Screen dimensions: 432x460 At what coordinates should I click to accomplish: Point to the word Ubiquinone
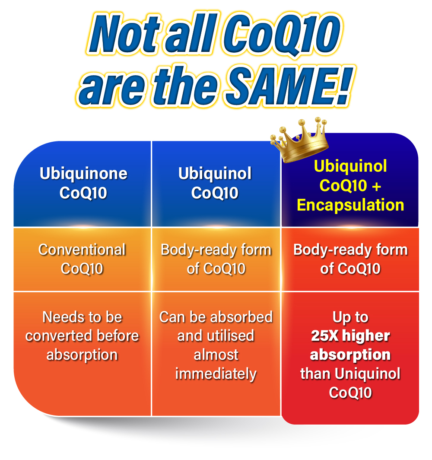(83, 173)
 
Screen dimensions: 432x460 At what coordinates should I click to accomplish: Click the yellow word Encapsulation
(350, 205)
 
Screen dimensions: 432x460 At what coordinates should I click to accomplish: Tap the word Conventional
(82, 250)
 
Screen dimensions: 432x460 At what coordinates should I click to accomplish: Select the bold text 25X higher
(350, 335)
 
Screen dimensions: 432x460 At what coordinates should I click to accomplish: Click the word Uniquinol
(368, 374)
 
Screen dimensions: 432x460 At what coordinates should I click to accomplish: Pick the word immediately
(216, 374)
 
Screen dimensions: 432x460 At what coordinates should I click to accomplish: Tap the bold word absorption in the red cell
(350, 355)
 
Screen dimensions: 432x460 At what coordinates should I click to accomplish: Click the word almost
(216, 355)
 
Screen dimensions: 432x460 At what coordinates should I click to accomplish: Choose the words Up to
(350, 317)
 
